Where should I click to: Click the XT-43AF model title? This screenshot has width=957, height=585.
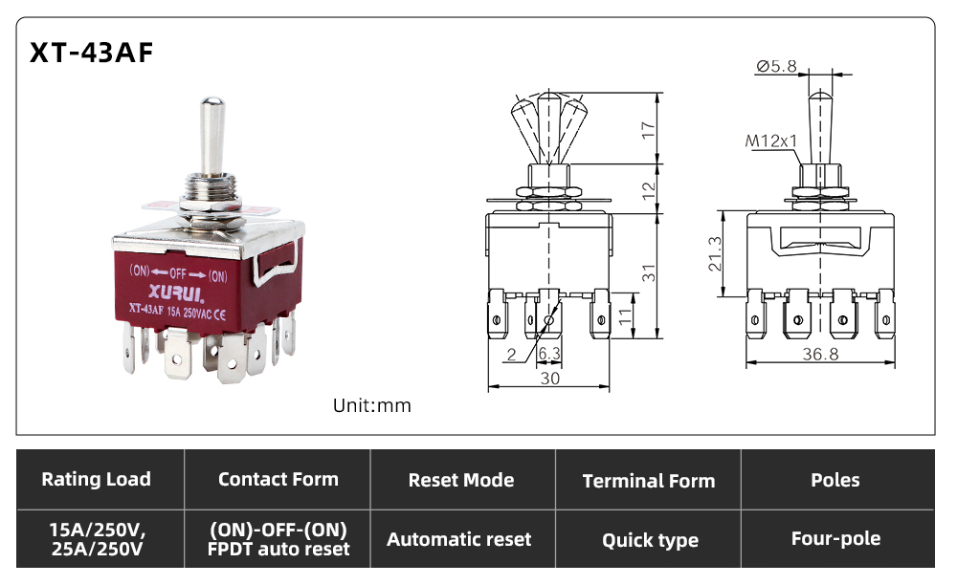pos(92,53)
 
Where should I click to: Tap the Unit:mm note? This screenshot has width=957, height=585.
pos(371,405)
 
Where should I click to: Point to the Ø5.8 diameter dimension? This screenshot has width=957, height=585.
pos(776,66)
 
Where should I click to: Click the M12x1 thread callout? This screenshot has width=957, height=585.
pos(770,141)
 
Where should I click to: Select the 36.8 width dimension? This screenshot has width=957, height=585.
pos(820,354)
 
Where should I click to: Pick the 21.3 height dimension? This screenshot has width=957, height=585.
pos(715,253)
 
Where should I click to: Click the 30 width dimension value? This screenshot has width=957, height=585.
pos(550,379)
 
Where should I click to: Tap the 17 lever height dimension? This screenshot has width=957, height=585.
pos(648,130)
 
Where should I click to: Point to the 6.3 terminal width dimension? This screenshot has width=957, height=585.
pos(548,354)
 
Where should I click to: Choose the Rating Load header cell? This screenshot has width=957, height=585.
pos(96,479)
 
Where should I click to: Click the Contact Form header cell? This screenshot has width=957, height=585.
pos(278,479)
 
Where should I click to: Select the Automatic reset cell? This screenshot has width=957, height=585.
pos(459,539)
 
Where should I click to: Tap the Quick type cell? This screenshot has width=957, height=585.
pos(650,540)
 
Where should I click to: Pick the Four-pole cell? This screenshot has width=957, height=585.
pos(835,539)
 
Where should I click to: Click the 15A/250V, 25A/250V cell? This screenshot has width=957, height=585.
pos(97,539)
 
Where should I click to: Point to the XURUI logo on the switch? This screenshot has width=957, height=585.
pos(176,293)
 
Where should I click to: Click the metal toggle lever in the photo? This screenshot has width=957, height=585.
pos(211,136)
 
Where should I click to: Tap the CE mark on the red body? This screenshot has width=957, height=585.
pos(220,314)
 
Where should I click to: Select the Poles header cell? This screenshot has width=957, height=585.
pos(835,480)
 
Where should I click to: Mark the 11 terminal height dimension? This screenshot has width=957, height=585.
pos(625,315)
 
